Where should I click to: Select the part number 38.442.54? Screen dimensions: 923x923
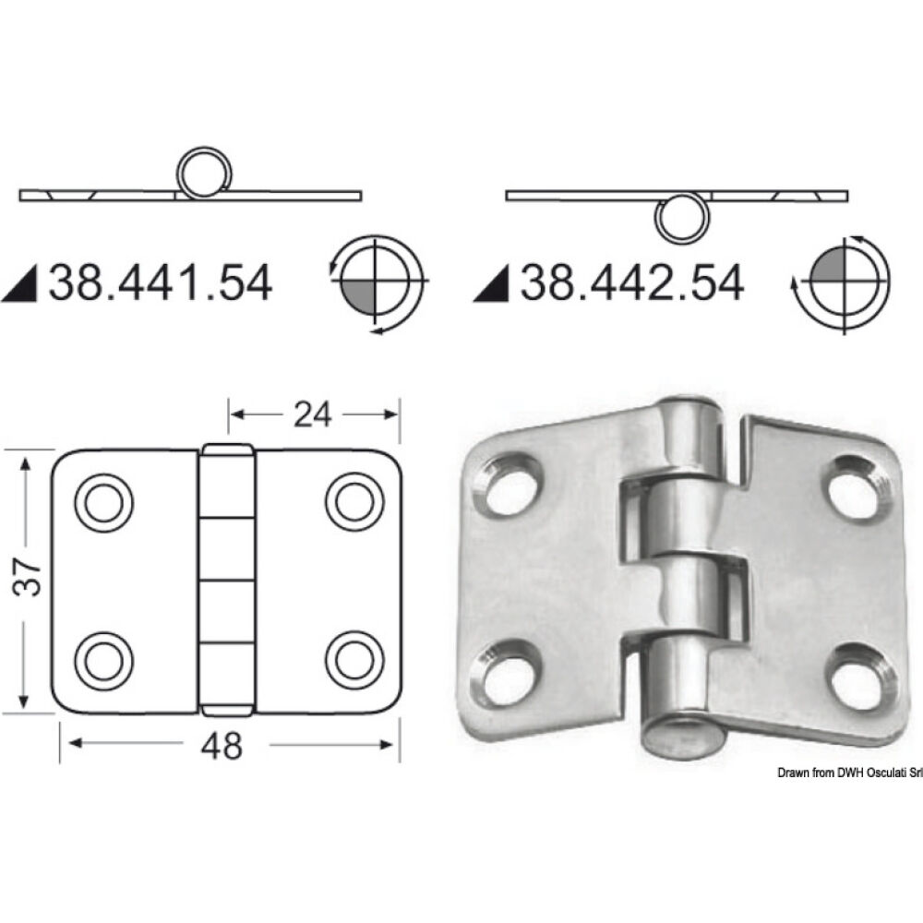tap(632, 282)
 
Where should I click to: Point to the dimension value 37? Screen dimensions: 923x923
tap(30, 578)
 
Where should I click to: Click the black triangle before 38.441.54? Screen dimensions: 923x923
tap(20, 284)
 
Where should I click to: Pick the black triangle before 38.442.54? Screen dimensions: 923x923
tap(493, 284)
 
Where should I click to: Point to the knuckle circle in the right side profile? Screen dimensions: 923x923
tap(678, 218)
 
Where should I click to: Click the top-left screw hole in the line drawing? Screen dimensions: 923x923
tap(103, 501)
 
